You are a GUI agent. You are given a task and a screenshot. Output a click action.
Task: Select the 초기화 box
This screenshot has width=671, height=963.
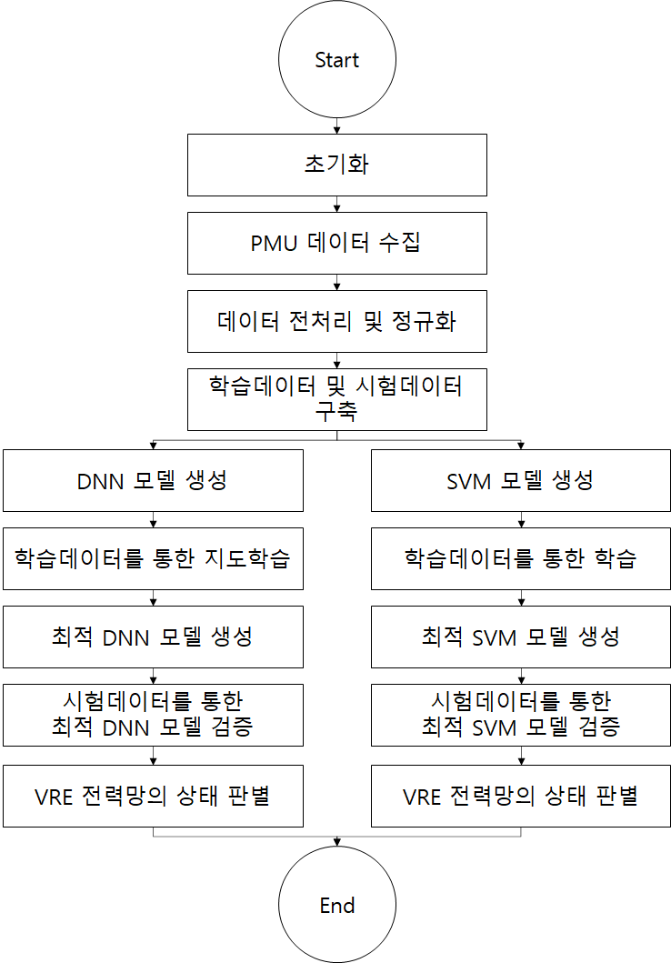pos(337,166)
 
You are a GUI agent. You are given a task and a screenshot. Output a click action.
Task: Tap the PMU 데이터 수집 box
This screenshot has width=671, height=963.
pos(337,243)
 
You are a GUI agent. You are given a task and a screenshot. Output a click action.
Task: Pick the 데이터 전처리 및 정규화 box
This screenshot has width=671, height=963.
pos(337,321)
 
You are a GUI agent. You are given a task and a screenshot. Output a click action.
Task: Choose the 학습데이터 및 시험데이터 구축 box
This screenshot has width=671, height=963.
pos(337,399)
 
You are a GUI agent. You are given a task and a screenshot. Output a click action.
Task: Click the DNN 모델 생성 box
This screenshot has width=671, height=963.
pos(153,480)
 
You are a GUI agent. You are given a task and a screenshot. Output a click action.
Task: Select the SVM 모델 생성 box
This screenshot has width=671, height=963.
pos(521,480)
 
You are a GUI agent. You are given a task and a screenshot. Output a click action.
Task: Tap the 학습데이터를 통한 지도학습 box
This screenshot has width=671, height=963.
pos(153,558)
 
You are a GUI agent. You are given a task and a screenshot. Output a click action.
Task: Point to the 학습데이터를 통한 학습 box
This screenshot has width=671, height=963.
pos(521,558)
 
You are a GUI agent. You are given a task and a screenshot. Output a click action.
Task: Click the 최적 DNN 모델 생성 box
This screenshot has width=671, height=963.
pos(153,637)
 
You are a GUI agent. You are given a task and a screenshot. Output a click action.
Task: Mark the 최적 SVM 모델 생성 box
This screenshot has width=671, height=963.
pos(521,637)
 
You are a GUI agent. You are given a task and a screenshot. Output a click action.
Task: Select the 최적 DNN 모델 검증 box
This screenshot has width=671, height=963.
pos(153,715)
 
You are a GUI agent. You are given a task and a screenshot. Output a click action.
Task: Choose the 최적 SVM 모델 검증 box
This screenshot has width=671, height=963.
pos(521,715)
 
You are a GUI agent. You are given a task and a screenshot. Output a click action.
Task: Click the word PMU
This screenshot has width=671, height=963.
pos(274,243)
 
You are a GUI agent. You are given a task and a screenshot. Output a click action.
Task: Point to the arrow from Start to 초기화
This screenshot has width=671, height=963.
pos(337,125)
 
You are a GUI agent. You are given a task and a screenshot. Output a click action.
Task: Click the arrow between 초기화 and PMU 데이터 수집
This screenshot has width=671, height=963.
pos(337,204)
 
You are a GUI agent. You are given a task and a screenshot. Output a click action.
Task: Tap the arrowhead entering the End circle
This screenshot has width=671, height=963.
pos(337,842)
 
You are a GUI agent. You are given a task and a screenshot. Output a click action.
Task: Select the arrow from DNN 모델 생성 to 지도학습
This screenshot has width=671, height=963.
pos(153,519)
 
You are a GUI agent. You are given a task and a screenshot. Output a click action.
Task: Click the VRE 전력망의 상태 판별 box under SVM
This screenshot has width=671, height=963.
pos(521,796)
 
